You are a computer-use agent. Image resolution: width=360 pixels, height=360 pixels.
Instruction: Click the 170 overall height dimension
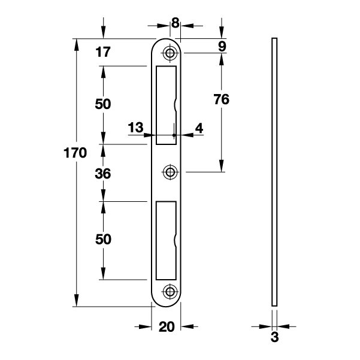coord(75,153)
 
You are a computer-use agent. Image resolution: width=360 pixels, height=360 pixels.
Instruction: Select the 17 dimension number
coord(103,52)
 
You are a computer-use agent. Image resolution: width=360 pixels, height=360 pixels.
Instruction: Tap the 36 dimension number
coord(103,174)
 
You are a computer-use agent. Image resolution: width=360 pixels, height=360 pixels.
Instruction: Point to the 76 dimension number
coord(221,99)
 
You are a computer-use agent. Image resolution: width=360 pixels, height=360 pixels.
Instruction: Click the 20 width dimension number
coord(167,326)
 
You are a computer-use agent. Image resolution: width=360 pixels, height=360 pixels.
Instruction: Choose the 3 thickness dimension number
coord(274,337)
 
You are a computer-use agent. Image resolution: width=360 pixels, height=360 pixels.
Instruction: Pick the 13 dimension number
coord(135,128)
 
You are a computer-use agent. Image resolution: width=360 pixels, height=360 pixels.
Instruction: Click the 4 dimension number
coord(199,128)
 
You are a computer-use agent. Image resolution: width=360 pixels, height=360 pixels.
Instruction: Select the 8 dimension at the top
coord(175,23)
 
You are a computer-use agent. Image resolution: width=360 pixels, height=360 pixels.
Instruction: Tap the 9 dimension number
coord(222,46)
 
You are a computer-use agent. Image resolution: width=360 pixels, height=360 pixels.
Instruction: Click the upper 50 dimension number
coord(103,104)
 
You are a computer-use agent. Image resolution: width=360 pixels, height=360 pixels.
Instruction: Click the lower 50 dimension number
coord(103,239)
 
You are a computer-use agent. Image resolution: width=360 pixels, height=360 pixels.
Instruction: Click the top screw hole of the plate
coord(170,53)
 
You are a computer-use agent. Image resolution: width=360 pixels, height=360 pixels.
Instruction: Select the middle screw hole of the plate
coord(170,172)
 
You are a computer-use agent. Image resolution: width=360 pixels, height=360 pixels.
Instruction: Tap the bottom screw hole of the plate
coord(170,292)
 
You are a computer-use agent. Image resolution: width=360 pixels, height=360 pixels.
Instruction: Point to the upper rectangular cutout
coord(167,105)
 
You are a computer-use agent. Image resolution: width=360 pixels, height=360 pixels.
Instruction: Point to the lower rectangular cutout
coord(167,241)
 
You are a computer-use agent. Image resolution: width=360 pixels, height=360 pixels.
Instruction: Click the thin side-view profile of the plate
coord(274,172)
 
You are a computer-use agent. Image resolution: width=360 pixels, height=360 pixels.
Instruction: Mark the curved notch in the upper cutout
coord(175,105)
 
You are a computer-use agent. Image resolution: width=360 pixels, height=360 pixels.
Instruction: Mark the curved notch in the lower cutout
coord(175,241)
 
